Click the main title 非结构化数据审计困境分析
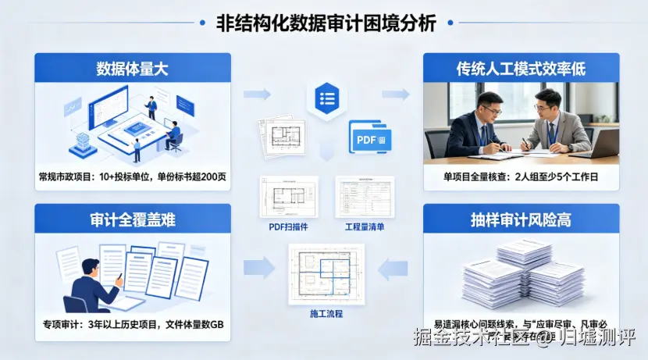[x=326, y=23]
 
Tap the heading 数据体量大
[x=133, y=69]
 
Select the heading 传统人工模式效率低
[x=521, y=69]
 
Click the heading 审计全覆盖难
[x=133, y=220]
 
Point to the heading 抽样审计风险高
[x=521, y=220]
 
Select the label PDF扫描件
[x=288, y=227]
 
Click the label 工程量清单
[x=365, y=227]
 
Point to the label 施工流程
[x=326, y=314]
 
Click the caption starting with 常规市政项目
[x=133, y=176]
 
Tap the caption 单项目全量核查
[x=521, y=176]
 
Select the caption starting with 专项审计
[x=133, y=325]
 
